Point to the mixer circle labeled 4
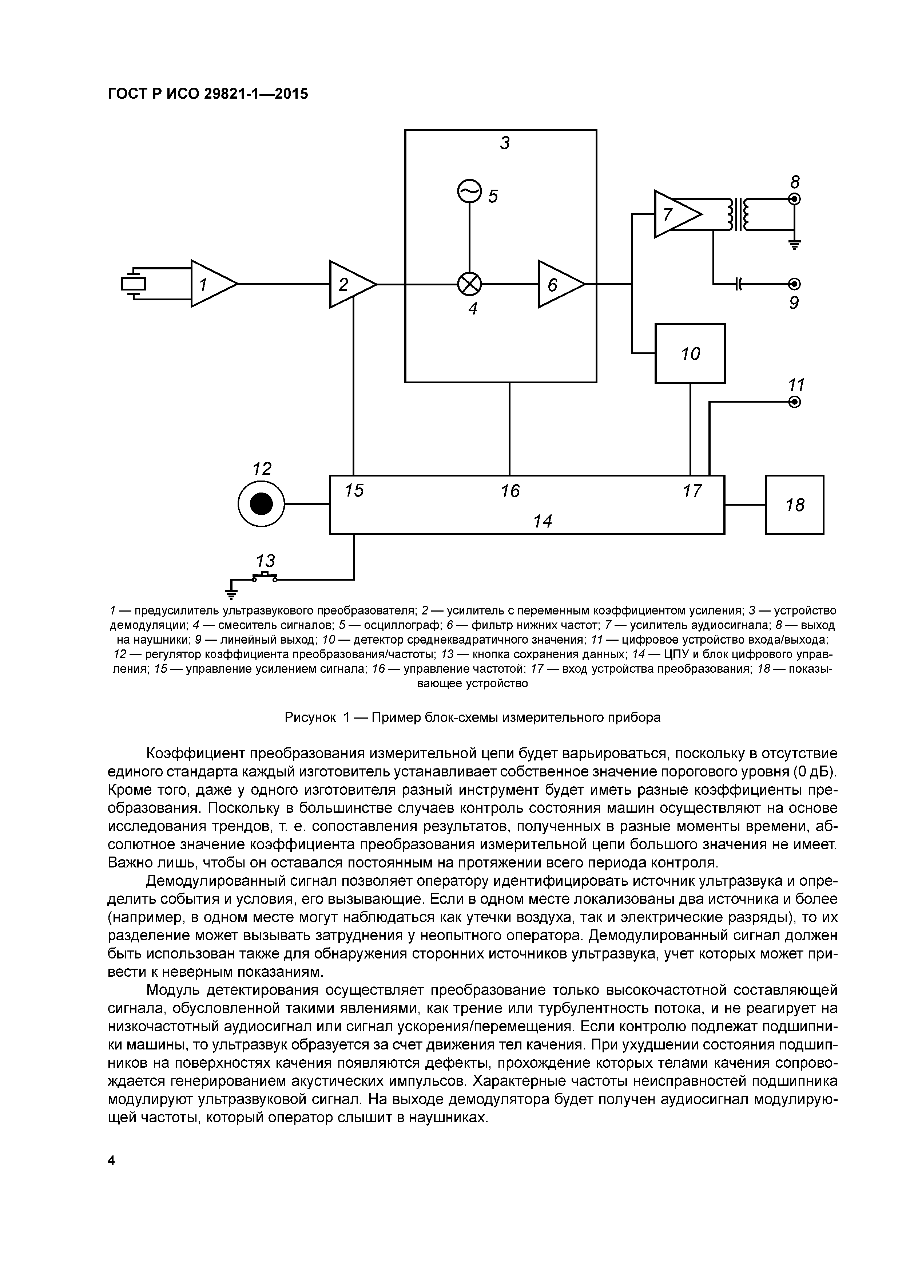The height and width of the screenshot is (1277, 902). [470, 284]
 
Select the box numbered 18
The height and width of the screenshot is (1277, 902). [794, 505]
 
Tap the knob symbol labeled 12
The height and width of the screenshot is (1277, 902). [261, 505]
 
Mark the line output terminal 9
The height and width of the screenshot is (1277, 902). [795, 284]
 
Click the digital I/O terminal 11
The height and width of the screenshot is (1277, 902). [795, 402]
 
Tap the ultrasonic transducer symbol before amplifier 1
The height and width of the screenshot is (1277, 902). [134, 284]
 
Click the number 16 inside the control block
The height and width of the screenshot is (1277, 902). [510, 491]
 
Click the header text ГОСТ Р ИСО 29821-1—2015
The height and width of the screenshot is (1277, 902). [207, 94]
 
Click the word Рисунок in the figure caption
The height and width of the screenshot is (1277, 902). [310, 717]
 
